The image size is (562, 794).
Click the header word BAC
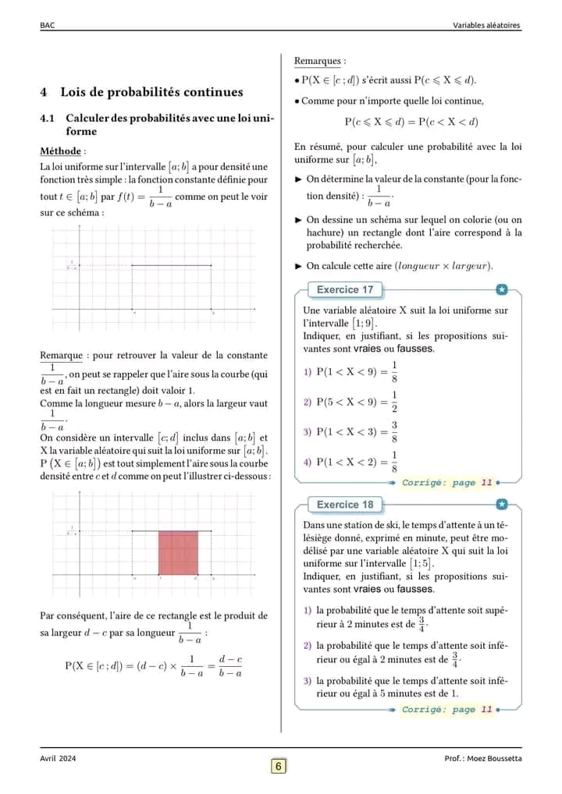point(47,25)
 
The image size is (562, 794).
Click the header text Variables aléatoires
point(486,25)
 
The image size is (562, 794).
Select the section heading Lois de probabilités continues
point(151,92)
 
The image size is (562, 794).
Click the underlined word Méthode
point(62,151)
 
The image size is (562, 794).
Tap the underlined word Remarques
point(318,61)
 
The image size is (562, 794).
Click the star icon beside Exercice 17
point(502,290)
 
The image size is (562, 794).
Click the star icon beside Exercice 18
point(502,505)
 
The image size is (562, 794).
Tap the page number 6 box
point(279,766)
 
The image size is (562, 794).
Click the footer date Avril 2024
point(59,759)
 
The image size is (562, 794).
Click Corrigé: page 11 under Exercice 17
point(447,483)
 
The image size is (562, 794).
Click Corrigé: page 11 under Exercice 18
point(447,710)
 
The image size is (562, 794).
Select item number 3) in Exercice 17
point(308,432)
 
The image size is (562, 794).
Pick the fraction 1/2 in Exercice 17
point(394,402)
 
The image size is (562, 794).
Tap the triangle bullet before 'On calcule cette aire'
point(298,266)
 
